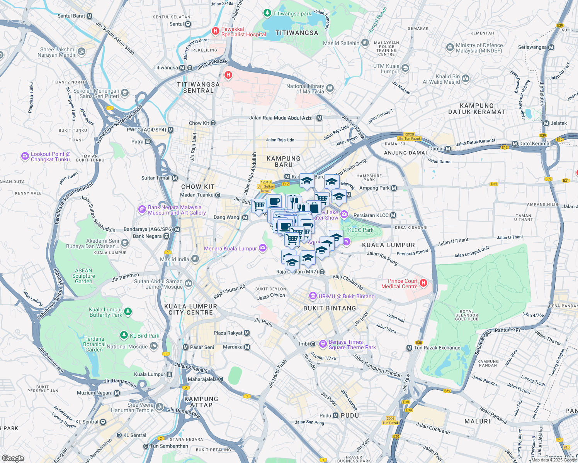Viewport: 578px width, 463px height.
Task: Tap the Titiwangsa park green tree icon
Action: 267,13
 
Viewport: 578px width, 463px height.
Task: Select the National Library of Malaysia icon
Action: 330,88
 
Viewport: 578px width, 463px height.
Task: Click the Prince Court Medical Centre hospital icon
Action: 423,284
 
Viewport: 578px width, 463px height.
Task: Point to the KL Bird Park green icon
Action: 124,335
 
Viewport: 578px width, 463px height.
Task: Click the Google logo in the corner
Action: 13,458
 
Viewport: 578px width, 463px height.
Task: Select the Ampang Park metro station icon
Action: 394,188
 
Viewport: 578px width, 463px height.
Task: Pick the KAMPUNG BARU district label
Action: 284,161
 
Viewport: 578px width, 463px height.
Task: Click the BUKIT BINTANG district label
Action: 330,308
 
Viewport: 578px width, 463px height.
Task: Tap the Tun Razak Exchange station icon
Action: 409,348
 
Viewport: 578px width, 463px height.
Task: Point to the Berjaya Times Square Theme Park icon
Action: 323,343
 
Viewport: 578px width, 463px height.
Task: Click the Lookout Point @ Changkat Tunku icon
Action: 25,156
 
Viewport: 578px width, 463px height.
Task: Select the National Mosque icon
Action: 154,346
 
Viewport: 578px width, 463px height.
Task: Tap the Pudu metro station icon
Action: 335,416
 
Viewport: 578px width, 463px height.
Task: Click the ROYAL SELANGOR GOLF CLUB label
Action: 467,315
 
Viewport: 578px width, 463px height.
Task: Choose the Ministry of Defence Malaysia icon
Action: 450,47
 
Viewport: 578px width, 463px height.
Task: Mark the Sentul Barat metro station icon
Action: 90,16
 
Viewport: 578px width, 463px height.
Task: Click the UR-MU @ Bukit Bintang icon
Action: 313,296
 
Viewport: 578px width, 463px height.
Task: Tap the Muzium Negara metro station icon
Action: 117,393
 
